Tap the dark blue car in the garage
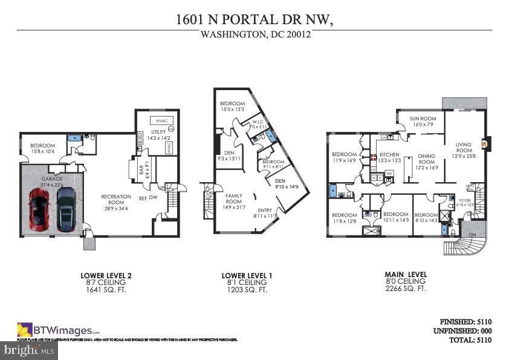(x=66, y=209)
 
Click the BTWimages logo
(x=57, y=330)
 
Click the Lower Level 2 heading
(x=106, y=275)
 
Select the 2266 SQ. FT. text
(x=406, y=289)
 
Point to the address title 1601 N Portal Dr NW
(x=254, y=19)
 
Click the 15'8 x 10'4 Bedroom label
(x=42, y=148)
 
